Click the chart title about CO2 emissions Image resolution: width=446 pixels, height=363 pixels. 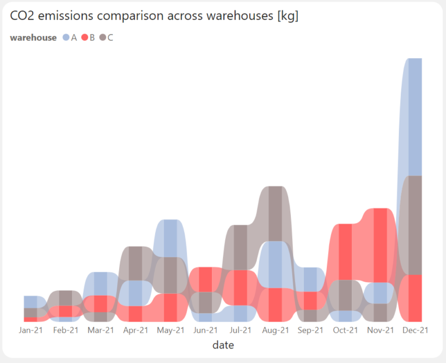tap(154, 16)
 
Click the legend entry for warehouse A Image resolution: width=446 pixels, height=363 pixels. tap(70, 38)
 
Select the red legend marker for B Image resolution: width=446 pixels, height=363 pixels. tap(84, 38)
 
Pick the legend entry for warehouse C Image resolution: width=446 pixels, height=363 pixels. tap(106, 38)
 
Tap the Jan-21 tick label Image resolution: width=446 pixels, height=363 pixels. tap(31, 330)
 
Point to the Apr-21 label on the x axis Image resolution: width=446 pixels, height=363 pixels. tap(135, 330)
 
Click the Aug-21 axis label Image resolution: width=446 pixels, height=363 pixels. tap(275, 330)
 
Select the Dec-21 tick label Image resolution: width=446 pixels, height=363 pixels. tap(415, 330)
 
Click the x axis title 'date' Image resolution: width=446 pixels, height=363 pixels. tap(223, 345)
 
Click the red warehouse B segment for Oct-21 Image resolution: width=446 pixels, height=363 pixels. tap(345, 251)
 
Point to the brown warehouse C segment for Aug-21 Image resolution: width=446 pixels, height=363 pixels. tap(275, 214)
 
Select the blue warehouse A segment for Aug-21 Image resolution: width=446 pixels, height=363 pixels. tap(275, 264)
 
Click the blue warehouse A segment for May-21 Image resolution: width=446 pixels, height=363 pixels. tap(170, 238)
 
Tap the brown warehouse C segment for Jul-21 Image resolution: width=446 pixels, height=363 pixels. tap(240, 247)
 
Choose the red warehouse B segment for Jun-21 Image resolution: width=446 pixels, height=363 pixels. tap(205, 279)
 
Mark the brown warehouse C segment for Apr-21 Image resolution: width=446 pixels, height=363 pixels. tap(135, 263)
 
